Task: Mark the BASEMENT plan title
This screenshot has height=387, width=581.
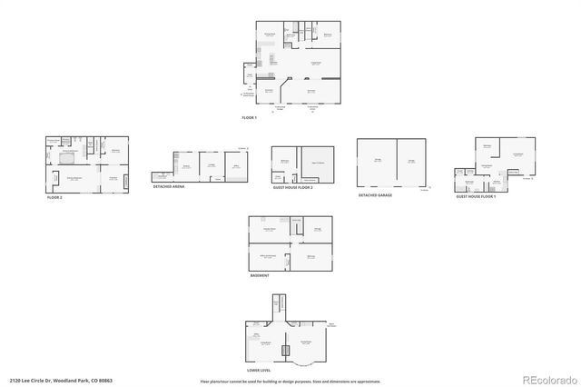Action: pyautogui.click(x=259, y=274)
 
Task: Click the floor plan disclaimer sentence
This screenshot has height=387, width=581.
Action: pyautogui.click(x=290, y=381)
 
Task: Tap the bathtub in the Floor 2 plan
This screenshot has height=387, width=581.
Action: pyautogui.click(x=65, y=157)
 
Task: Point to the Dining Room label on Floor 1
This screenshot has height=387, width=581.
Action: pyautogui.click(x=270, y=35)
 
